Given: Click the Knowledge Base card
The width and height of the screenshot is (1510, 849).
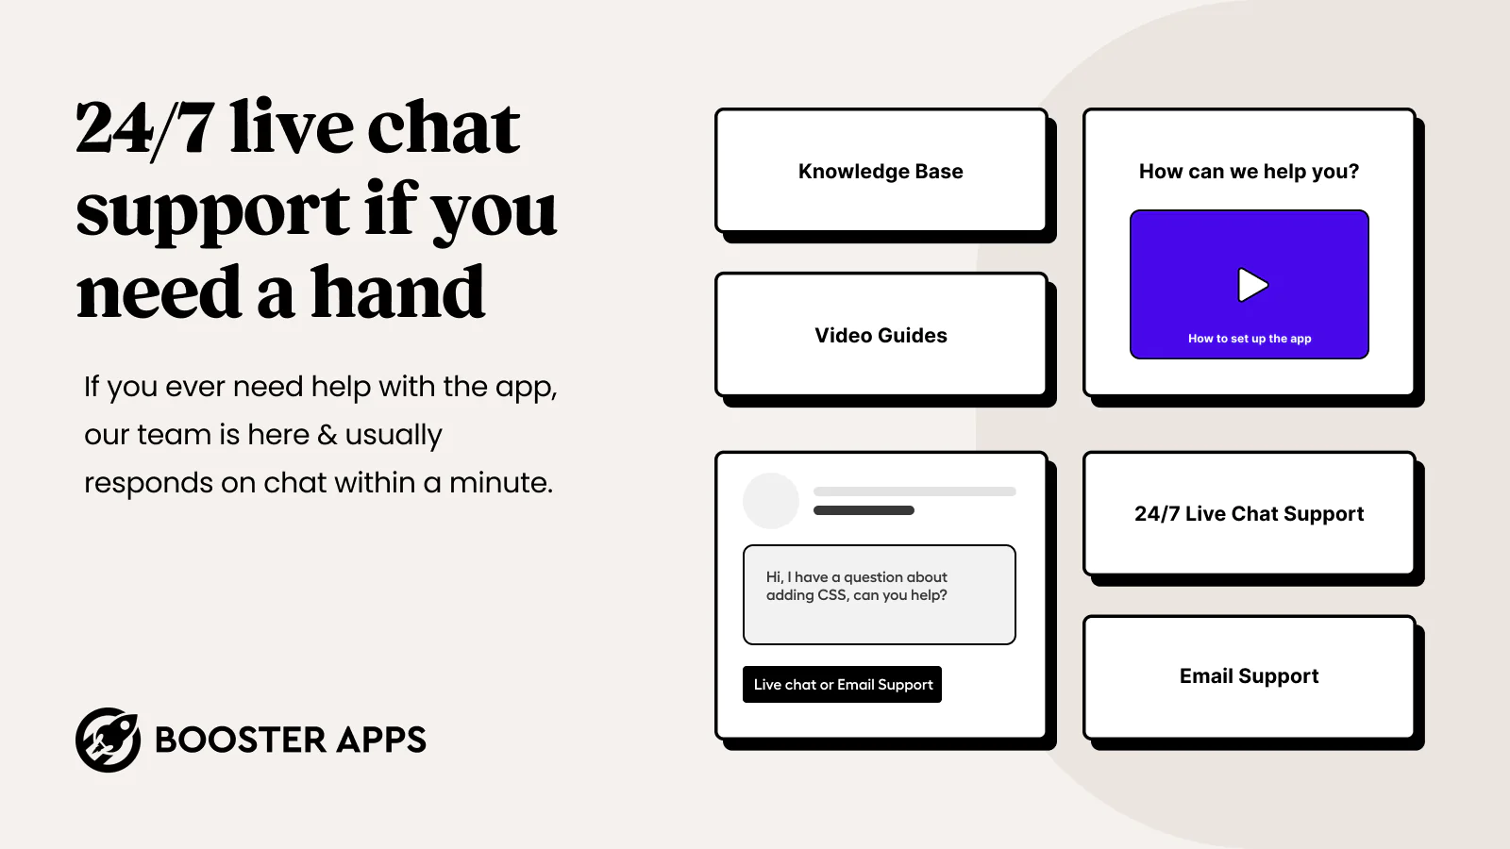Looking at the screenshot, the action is tap(881, 171).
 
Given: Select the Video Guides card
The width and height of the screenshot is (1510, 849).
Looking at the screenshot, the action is tap(881, 335).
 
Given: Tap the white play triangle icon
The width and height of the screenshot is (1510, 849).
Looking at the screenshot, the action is tap(1252, 285).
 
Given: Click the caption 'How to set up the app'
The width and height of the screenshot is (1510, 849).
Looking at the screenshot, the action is tap(1250, 339).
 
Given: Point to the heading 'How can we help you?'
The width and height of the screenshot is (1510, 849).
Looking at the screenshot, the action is tap(1250, 171).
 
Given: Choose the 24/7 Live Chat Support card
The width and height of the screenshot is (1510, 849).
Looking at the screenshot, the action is tap(1250, 513).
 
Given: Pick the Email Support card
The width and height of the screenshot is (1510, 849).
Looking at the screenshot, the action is tap(1250, 676).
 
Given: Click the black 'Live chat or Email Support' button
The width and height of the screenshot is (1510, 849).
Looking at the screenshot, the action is tap(842, 685).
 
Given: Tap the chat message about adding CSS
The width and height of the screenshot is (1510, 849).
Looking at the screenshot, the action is tap(879, 594).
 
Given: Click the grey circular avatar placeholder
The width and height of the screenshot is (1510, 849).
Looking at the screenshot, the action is tap(770, 501).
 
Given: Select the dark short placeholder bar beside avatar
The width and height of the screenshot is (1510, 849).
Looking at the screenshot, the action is tap(864, 510).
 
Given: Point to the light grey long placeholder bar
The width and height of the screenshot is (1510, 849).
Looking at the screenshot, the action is tap(914, 491).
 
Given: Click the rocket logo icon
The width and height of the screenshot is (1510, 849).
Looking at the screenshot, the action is tap(108, 740).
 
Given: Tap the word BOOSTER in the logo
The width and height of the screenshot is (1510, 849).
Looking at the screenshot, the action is tap(240, 740).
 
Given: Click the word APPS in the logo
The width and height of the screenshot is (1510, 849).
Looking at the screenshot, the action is tap(381, 740).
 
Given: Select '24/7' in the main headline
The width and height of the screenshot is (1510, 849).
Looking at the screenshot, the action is tap(145, 128).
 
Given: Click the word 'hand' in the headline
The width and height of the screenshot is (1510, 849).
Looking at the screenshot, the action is tap(397, 291).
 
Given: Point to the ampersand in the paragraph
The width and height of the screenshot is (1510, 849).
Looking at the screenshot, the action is tap(327, 435).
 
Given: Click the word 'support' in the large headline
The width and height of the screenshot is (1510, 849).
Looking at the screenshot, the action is tap(213, 210).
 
